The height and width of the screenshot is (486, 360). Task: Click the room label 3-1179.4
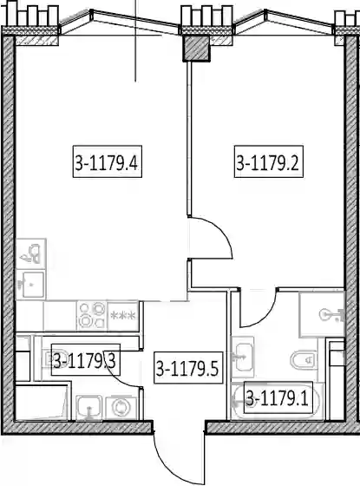(x=108, y=161)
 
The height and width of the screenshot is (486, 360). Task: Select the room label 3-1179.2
(x=268, y=161)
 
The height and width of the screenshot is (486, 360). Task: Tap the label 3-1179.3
(x=85, y=359)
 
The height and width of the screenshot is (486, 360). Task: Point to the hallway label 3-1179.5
(x=188, y=368)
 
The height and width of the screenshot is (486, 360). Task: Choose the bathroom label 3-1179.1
(x=278, y=397)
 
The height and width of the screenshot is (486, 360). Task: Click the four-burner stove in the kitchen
(x=92, y=316)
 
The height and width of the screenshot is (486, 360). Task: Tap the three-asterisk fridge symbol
(x=123, y=316)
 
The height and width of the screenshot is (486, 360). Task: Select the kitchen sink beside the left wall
(x=30, y=285)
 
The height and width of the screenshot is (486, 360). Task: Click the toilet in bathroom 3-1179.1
(x=304, y=359)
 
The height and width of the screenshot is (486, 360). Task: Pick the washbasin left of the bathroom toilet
(x=243, y=357)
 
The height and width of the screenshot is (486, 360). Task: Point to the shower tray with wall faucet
(x=322, y=314)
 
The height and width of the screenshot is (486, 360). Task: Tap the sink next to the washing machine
(x=89, y=408)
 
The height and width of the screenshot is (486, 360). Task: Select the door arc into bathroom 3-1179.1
(x=266, y=317)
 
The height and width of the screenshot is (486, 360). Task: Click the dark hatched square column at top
(x=196, y=48)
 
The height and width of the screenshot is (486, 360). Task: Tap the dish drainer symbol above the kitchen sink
(x=31, y=253)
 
